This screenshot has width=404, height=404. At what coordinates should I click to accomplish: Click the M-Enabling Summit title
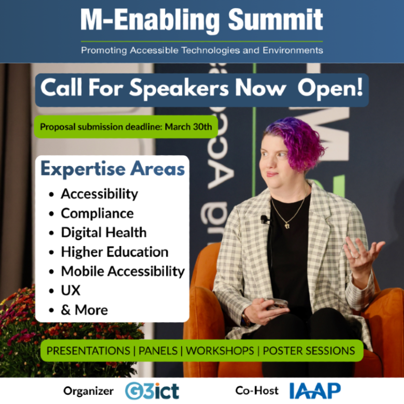click(202, 21)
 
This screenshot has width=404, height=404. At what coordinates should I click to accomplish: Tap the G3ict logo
click(152, 390)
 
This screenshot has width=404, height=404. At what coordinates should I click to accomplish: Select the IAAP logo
click(315, 390)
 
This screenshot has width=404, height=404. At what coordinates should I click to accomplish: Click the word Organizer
click(88, 390)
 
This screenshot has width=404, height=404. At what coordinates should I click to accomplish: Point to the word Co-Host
click(257, 390)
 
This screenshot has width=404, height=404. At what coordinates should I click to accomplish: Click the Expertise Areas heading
click(113, 170)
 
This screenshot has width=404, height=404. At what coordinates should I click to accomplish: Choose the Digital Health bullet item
click(103, 232)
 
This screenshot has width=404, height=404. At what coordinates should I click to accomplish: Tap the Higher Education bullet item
click(115, 252)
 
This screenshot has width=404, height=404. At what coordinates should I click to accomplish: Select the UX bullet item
click(71, 290)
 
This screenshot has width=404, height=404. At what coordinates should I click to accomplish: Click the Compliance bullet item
click(97, 213)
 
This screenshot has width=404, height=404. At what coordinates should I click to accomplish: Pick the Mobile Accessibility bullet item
click(123, 271)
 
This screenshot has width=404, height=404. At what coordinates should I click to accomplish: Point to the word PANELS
click(159, 350)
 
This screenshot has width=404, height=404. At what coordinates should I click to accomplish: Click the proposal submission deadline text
click(126, 127)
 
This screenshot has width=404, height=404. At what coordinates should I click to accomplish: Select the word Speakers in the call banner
click(188, 89)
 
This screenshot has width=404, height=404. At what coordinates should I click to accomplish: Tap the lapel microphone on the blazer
click(264, 219)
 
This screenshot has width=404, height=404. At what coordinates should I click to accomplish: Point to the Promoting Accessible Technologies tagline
click(202, 50)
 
